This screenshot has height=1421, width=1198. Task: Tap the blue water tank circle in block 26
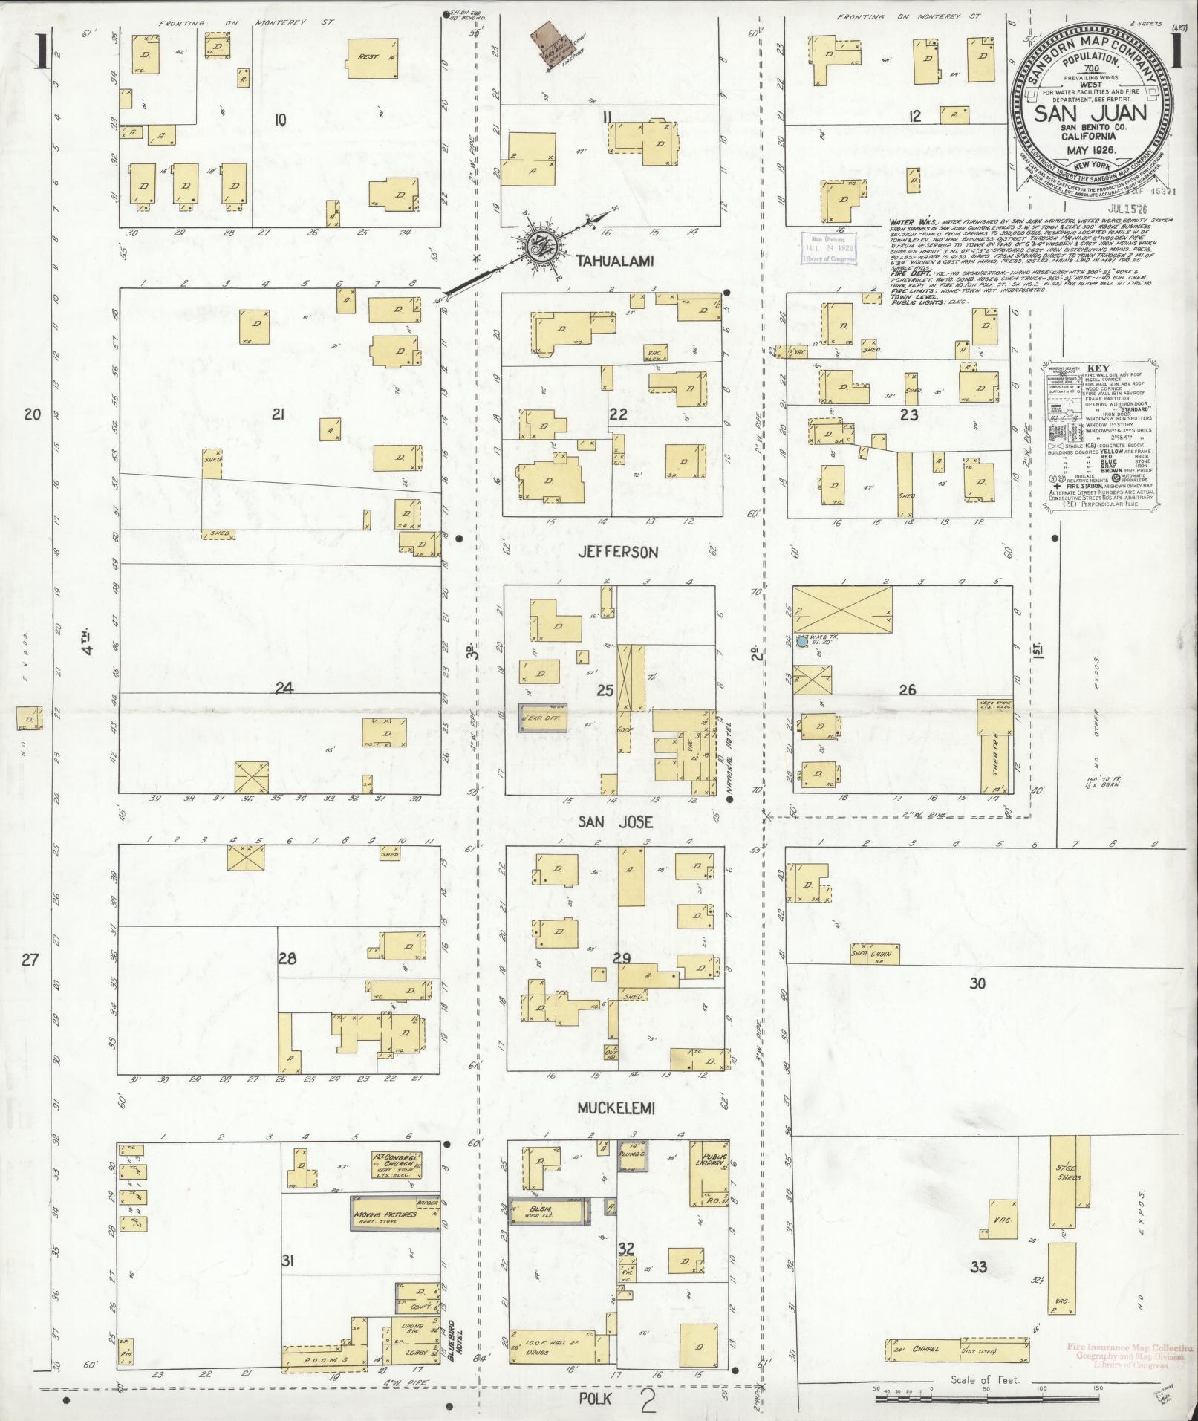(x=802, y=641)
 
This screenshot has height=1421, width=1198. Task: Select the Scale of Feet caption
(x=986, y=1380)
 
